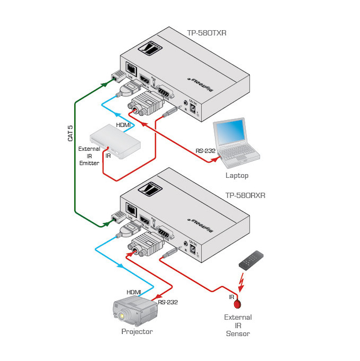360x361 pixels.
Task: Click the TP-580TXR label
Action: pyautogui.click(x=207, y=32)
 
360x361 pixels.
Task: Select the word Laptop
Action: pyautogui.click(x=237, y=175)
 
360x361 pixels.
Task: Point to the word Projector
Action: pyautogui.click(x=137, y=332)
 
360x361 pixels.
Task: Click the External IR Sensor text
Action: pyautogui.click(x=238, y=325)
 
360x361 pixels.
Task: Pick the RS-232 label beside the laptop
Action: pyautogui.click(x=205, y=151)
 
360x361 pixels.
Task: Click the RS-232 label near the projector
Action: pyautogui.click(x=168, y=302)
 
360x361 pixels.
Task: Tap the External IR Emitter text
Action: pyautogui.click(x=89, y=156)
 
